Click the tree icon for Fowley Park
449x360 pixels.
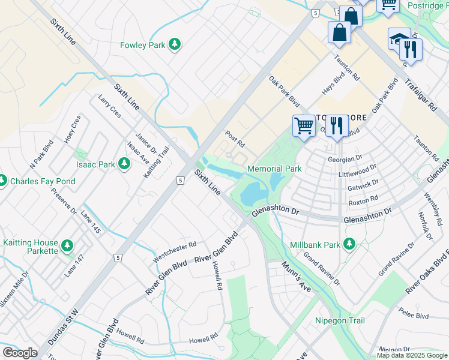click(175, 44)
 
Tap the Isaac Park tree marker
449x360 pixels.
click(124, 164)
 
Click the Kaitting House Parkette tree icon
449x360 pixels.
click(67, 246)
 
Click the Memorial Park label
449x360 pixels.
click(274, 169)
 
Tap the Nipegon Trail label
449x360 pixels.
click(340, 320)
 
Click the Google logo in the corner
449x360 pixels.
click(20, 353)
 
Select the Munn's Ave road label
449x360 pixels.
click(297, 277)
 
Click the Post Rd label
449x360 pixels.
click(235, 139)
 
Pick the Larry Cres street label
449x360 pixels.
click(109, 106)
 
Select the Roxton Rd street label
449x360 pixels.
click(363, 199)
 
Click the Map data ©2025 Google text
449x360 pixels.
click(412, 355)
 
